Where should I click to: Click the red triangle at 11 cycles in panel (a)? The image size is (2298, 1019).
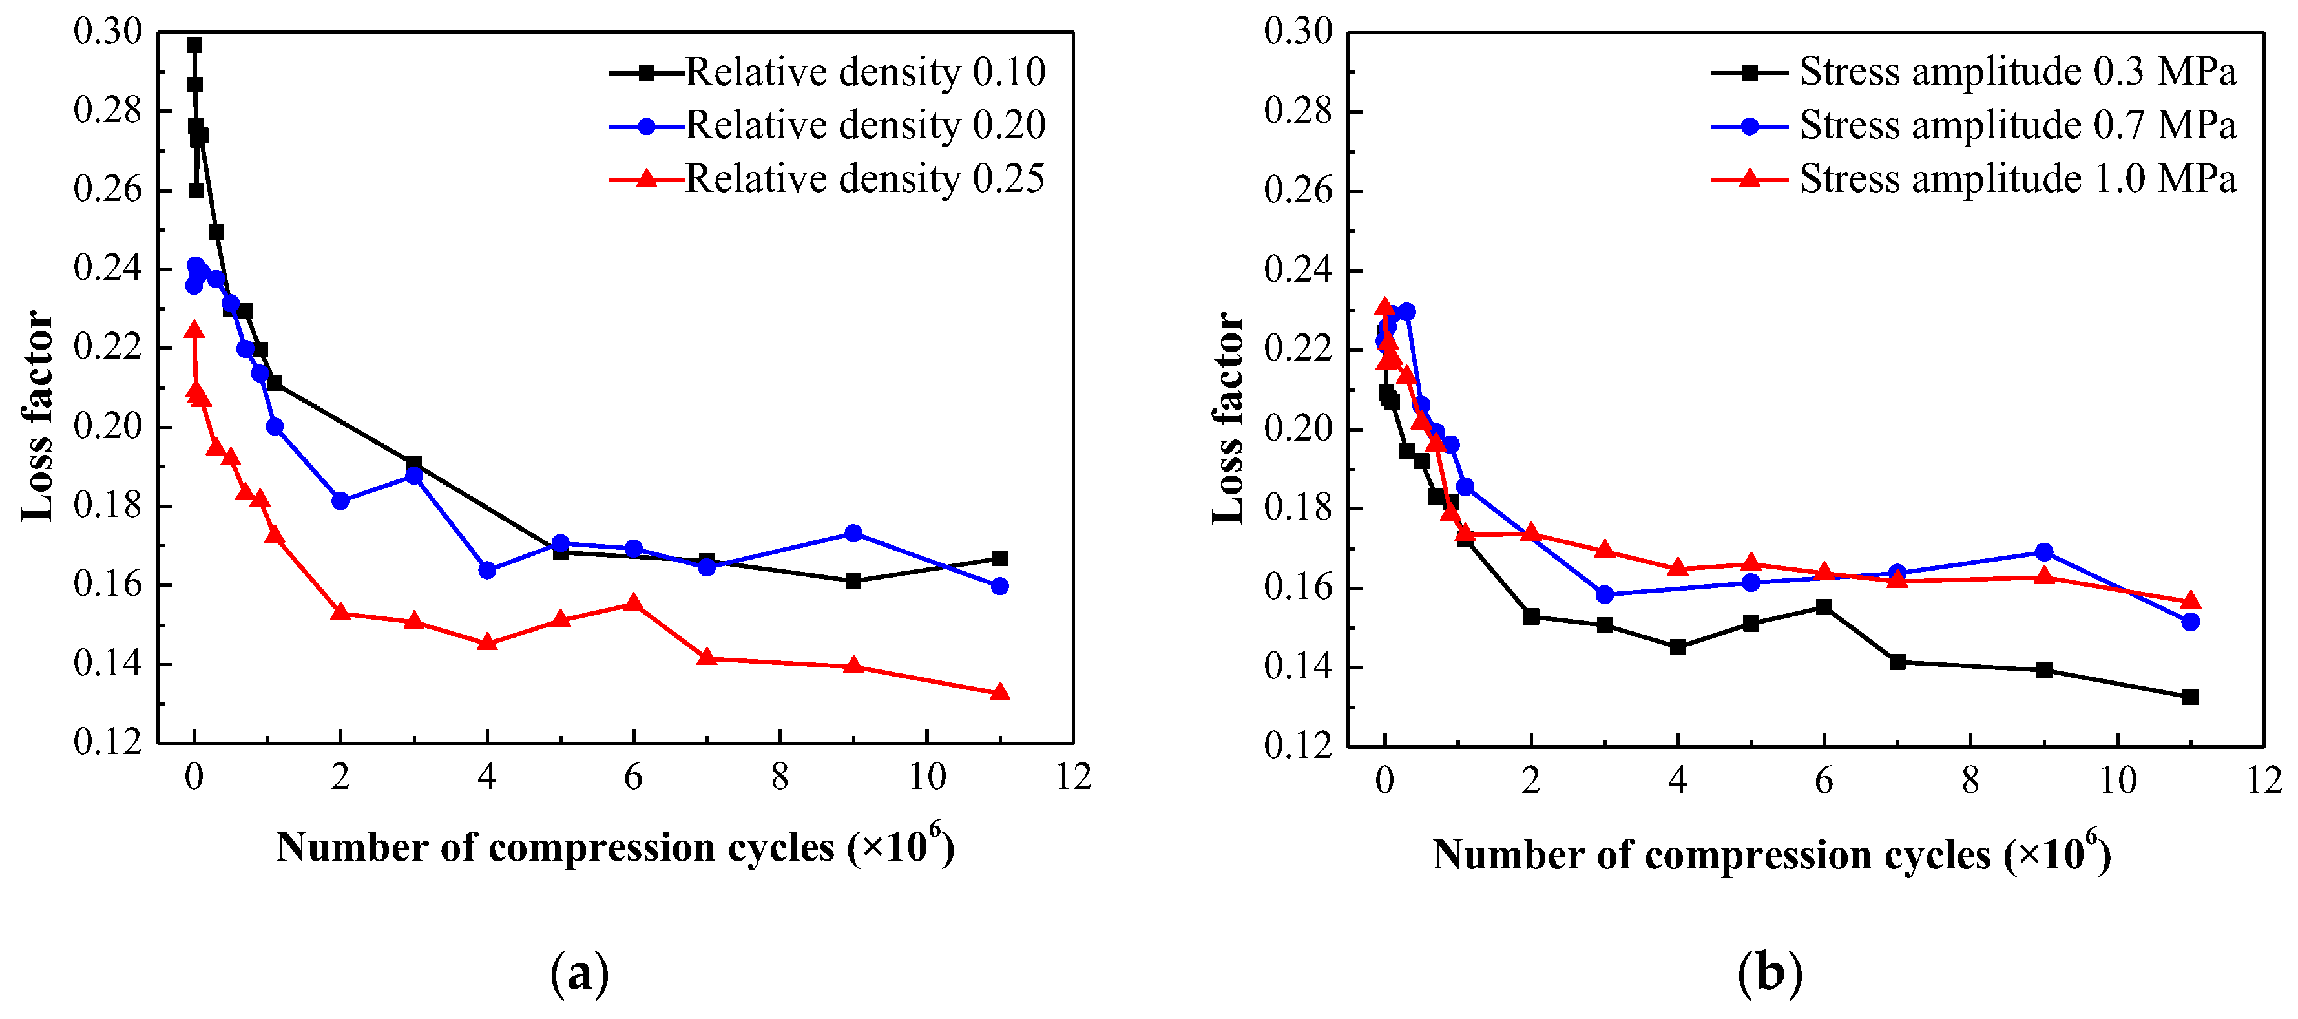tap(1000, 691)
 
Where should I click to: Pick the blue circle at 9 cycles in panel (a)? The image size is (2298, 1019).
tap(853, 532)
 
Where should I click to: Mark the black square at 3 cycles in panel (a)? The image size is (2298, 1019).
tap(413, 464)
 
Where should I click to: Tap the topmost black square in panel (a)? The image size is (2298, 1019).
tap(194, 45)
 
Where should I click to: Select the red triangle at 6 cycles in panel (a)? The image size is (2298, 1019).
tap(633, 603)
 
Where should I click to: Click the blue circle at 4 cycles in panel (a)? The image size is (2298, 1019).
tap(487, 570)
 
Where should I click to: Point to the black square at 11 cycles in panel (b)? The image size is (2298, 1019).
tap(2190, 697)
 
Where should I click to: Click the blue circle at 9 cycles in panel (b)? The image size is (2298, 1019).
tap(2043, 552)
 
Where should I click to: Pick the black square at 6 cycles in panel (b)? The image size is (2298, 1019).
tap(1824, 607)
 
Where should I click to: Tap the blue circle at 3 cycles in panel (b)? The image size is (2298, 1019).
tap(1605, 594)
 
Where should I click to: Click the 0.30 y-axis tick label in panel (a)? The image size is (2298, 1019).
tap(108, 32)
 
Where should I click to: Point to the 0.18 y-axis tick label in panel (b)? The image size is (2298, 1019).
tap(1298, 509)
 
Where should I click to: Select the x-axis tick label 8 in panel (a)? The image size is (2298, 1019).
tap(780, 778)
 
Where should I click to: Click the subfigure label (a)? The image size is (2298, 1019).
tap(580, 974)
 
